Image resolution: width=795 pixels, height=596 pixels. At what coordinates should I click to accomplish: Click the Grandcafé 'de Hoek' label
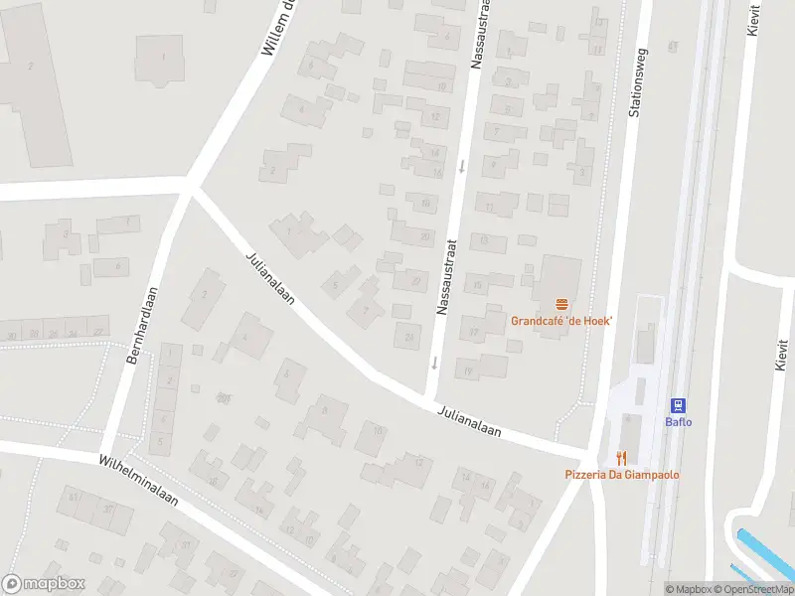561,321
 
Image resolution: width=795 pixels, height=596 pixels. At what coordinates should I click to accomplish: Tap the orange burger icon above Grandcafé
562,304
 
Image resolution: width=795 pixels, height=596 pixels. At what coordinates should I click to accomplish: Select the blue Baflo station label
678,421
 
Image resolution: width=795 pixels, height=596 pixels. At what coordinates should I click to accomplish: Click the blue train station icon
678,404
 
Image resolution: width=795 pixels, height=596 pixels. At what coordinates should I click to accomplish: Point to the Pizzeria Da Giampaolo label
623,475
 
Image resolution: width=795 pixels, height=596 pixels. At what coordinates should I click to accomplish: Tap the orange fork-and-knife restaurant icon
622,458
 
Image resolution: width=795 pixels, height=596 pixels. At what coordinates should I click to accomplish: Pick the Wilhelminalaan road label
138,482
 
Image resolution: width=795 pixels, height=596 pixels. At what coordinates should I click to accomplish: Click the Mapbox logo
44,584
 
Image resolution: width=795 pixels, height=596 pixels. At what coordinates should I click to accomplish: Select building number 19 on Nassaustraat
468,372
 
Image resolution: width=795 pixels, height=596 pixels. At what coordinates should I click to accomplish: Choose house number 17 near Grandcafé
474,333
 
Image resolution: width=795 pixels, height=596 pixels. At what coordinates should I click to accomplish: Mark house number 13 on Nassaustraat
484,239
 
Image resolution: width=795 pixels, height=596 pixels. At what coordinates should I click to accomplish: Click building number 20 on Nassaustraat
424,236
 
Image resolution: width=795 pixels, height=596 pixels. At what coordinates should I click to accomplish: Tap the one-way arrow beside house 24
434,363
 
